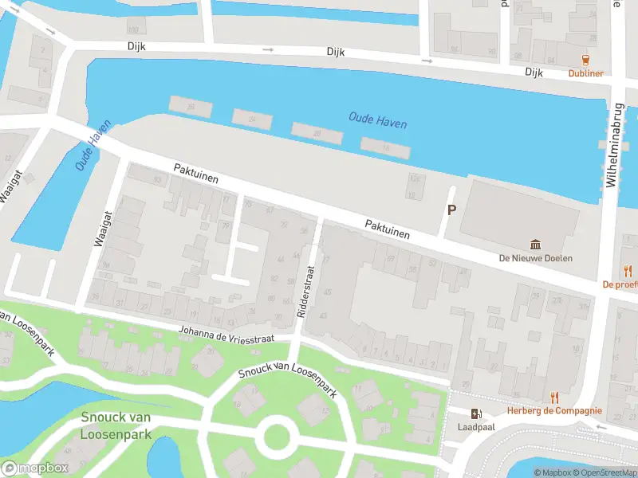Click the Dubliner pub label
coord(585,73)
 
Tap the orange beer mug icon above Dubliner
coord(586,60)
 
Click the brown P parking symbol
coord(451,210)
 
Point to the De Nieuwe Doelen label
coord(535,258)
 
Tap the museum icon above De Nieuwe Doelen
coord(536,245)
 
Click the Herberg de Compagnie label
coord(554,411)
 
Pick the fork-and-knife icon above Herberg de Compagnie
coord(554,397)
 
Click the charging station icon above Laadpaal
coord(477,413)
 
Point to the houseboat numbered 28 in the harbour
coord(190,107)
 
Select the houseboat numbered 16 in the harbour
coord(385,148)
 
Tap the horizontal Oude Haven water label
coord(377,120)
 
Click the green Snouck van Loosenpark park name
coord(116,426)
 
